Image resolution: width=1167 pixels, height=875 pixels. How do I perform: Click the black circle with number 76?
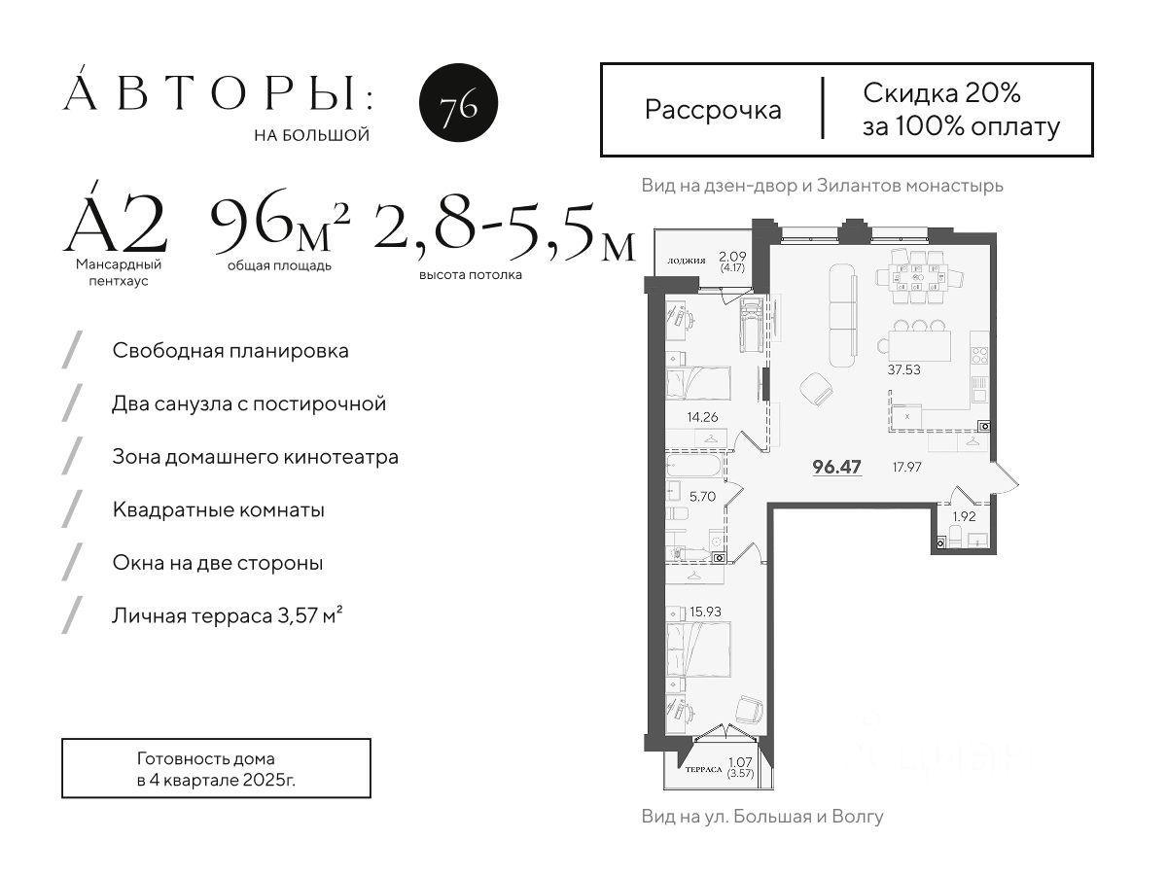(458, 102)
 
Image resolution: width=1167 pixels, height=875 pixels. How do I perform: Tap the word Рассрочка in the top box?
(713, 111)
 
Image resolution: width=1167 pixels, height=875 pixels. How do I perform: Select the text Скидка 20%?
(941, 93)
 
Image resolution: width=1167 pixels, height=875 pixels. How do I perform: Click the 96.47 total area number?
(837, 467)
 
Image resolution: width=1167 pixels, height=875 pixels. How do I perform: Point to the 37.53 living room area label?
(903, 369)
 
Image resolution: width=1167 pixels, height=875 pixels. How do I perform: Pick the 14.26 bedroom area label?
(702, 417)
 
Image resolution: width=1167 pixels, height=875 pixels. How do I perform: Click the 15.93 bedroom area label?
(705, 612)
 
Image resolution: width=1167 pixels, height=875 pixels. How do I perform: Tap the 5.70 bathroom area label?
(702, 496)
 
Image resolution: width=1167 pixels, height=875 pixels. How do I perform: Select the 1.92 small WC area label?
(964, 516)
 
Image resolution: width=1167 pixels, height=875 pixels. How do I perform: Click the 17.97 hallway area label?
(907, 467)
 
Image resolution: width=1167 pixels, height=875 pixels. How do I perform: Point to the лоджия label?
(687, 261)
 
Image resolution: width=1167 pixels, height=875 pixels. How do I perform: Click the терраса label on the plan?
(703, 769)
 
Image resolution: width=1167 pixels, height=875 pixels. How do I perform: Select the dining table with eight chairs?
(919, 277)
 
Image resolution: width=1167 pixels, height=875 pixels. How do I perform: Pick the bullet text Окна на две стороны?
(218, 563)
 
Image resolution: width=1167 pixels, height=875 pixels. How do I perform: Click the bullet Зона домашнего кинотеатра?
(255, 457)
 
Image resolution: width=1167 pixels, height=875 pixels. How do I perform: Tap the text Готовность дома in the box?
(206, 758)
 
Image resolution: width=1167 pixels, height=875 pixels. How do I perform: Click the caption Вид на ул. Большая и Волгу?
(762, 816)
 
